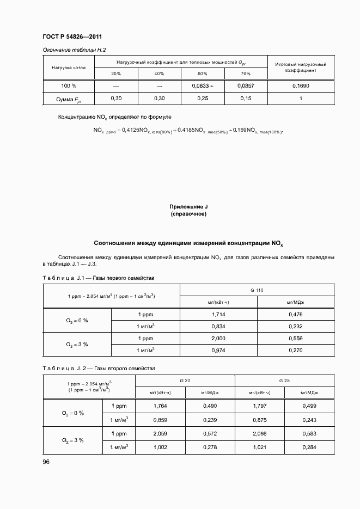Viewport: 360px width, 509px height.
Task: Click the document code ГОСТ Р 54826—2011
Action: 72,37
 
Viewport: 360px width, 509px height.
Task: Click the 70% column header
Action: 245,73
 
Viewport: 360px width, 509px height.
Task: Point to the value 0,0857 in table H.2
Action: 245,86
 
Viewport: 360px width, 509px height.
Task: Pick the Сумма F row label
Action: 68,99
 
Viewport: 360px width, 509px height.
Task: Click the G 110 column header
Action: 257,291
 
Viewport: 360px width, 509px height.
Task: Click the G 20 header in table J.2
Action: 185,380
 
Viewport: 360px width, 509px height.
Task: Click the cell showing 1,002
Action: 160,446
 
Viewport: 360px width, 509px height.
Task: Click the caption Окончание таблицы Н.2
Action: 74,50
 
